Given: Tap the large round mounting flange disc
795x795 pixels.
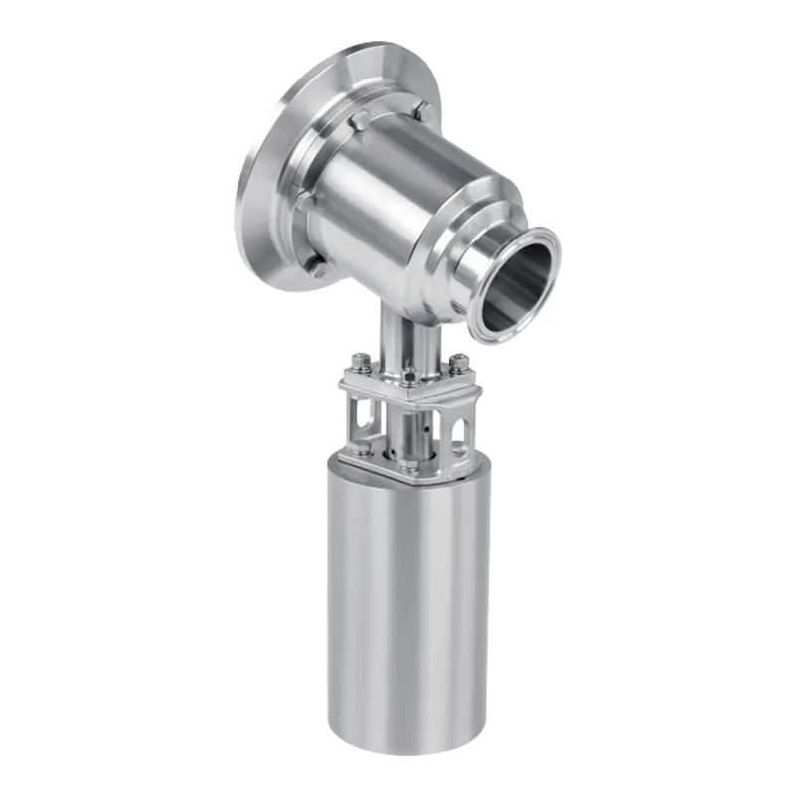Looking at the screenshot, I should point(260,179).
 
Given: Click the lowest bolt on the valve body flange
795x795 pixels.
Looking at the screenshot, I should point(317,263).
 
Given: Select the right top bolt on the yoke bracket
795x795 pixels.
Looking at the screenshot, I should point(456,362).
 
